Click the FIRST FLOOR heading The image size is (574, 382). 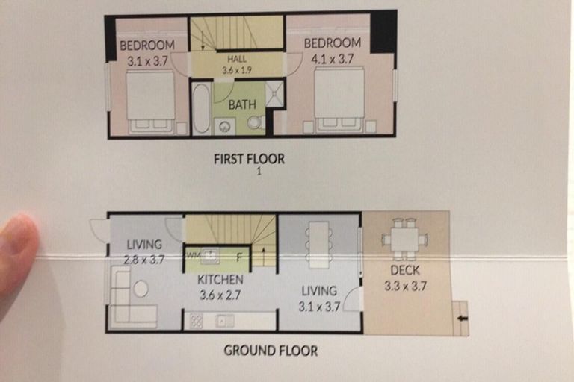(249, 159)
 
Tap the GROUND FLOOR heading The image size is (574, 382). (271, 351)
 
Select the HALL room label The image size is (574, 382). (237, 59)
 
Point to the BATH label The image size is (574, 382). (242, 105)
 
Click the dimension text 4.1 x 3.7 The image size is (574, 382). (333, 59)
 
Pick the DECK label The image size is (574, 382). (405, 270)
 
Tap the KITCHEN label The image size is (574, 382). (220, 280)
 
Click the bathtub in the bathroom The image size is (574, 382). (201, 109)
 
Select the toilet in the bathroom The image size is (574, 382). (256, 122)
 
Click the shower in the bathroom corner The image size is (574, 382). (274, 94)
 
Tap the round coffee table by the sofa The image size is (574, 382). (141, 289)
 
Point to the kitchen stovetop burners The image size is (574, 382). (197, 322)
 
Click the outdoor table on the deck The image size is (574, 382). (404, 239)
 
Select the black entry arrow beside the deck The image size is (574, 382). (463, 319)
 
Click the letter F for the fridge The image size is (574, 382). (239, 257)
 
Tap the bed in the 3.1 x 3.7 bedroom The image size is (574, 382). (150, 101)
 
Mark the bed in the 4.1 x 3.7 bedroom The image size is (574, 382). (340, 99)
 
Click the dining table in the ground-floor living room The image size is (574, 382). (319, 245)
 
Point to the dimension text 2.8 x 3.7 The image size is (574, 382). (143, 260)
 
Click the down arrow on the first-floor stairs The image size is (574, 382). (203, 40)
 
